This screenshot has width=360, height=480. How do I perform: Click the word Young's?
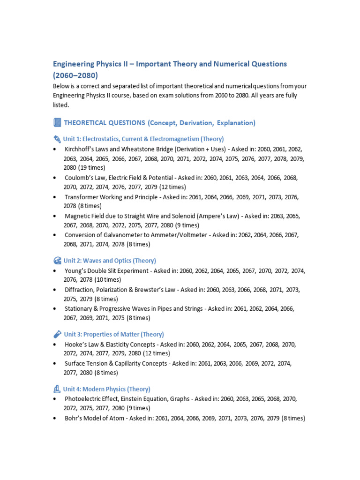(76, 270)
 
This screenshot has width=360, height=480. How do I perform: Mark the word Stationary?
(80, 308)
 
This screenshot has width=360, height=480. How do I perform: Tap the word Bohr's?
(74, 418)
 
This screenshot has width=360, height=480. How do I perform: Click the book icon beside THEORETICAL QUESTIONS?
(57, 123)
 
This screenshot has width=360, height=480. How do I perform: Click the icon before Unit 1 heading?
(57, 139)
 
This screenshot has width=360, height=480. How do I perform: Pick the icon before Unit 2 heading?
(57, 261)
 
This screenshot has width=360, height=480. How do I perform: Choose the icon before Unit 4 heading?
(57, 389)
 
